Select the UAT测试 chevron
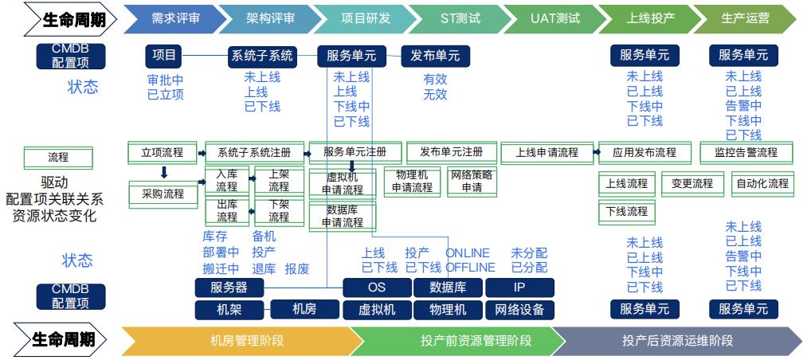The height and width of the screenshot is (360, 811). pos(554,18)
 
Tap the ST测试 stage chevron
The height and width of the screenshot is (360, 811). pos(460,18)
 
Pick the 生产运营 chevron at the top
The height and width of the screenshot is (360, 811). pos(744,18)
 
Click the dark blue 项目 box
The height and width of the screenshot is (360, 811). pos(165,56)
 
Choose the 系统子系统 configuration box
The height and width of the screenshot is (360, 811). pos(261,56)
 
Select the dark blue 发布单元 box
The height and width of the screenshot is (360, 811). pos(435,56)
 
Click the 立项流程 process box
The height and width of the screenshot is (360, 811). pos(163,151)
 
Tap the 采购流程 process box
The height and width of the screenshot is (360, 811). pos(163,194)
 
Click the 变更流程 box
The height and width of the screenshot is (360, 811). pos(692,184)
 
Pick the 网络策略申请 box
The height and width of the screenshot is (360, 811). pos(472,182)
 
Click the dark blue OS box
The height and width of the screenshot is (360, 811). pos(377,288)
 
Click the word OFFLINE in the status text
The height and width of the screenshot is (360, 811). pos(470,268)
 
